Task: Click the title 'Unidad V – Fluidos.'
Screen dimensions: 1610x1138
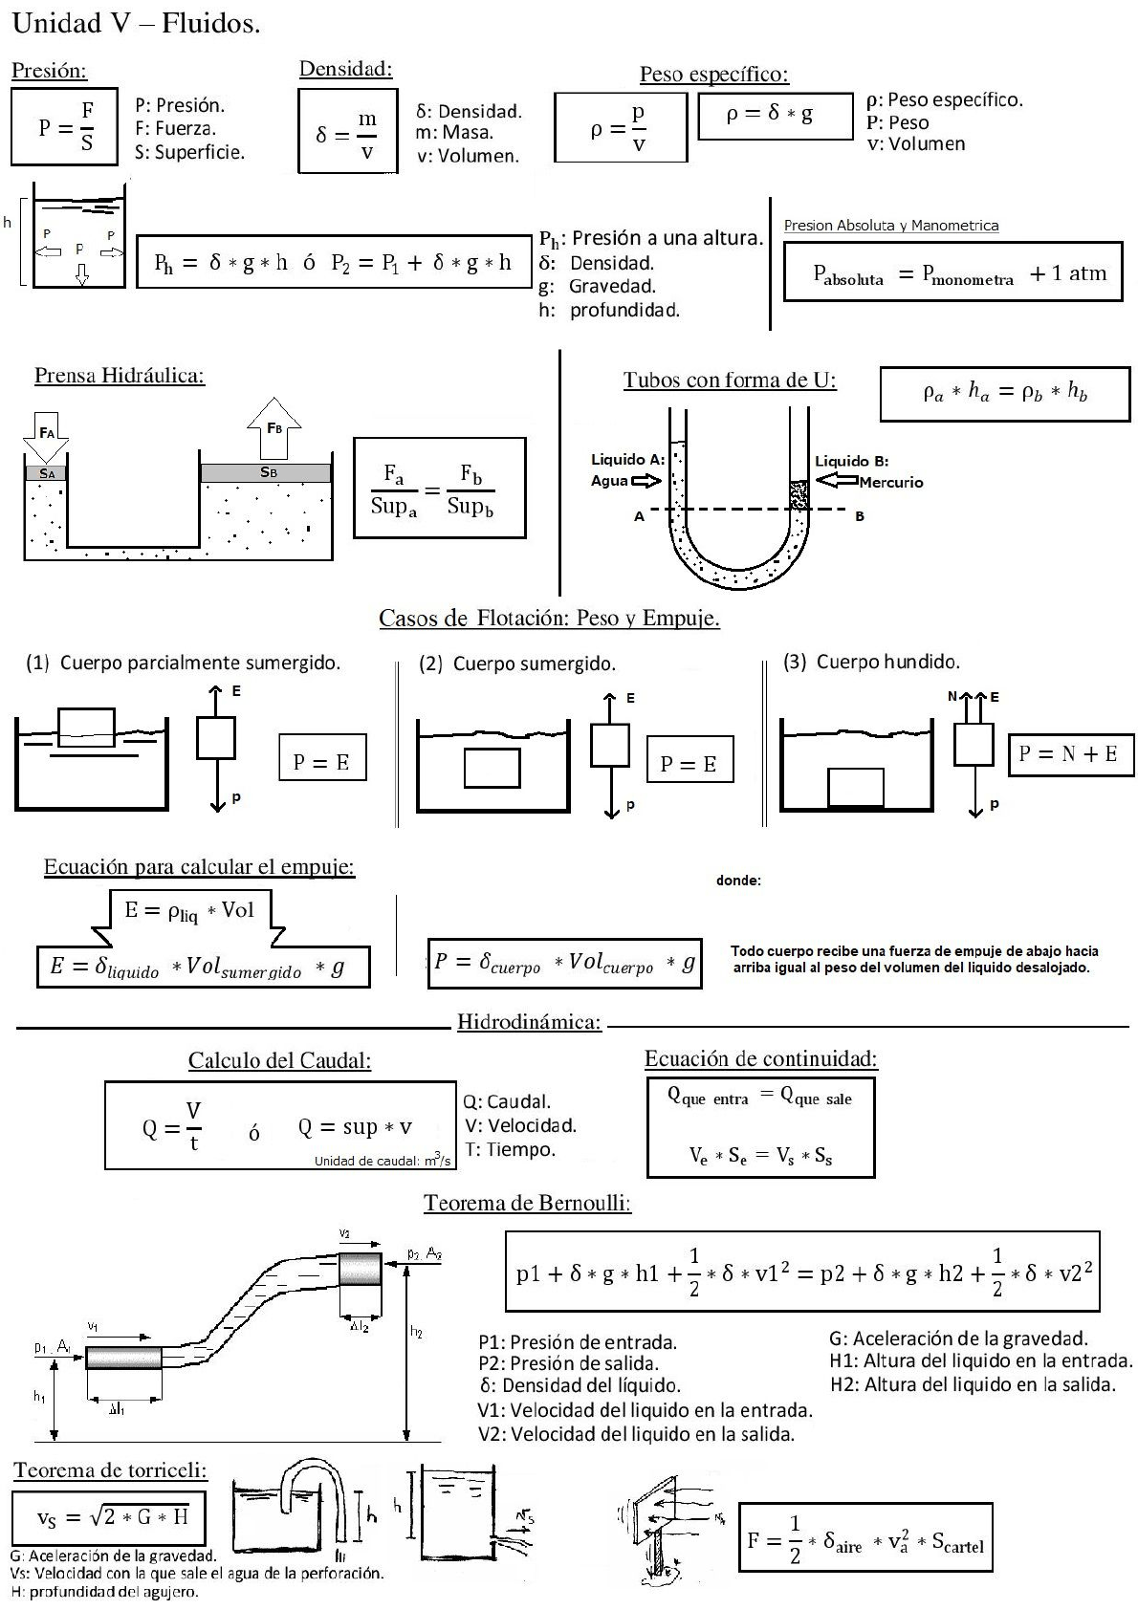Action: [136, 25]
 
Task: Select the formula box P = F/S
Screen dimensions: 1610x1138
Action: [65, 127]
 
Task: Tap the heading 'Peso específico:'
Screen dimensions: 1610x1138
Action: [713, 75]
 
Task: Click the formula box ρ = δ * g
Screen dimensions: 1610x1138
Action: [775, 116]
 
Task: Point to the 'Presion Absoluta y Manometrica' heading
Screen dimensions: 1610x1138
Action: [890, 226]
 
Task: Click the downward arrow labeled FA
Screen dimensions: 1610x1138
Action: [46, 436]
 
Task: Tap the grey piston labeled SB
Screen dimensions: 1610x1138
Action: [267, 472]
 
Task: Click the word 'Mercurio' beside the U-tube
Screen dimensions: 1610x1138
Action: [890, 483]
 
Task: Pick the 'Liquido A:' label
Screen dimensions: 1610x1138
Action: [627, 460]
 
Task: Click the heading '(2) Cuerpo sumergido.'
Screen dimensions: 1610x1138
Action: [517, 664]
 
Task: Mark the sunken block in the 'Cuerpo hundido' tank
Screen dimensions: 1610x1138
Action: [856, 787]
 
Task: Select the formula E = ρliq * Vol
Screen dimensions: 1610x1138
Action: [189, 909]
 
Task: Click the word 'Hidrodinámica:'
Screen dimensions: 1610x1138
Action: [529, 1022]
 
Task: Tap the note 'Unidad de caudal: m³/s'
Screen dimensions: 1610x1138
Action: [382, 1161]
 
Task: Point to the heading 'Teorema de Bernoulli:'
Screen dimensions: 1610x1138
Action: [527, 1203]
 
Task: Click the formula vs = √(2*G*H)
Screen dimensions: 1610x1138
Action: [109, 1516]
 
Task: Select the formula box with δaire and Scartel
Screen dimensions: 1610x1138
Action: [865, 1537]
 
